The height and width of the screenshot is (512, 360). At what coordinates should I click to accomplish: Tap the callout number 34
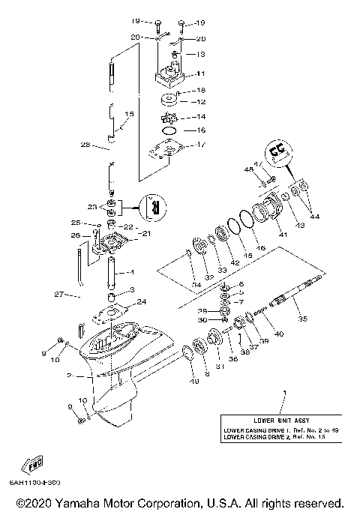click(x=195, y=285)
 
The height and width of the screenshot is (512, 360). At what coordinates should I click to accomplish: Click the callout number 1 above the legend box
click(x=283, y=393)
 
